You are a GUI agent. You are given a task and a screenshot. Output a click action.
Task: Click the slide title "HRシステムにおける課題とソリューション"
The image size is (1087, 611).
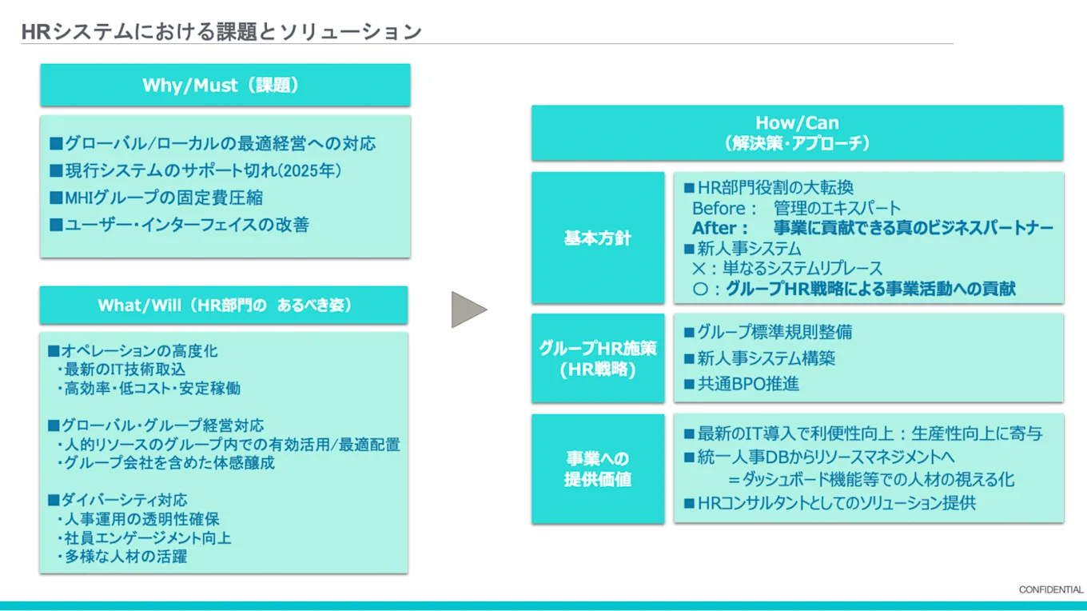221,32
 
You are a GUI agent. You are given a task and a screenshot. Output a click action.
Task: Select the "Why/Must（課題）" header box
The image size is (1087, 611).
225,86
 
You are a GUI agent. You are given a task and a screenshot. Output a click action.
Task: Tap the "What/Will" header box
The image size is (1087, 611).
225,305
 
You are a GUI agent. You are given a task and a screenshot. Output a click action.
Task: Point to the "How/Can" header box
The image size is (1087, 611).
797,133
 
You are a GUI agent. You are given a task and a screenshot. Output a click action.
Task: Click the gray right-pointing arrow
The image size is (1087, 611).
468,309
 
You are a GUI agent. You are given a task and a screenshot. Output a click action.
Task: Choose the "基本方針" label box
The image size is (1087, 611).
597,238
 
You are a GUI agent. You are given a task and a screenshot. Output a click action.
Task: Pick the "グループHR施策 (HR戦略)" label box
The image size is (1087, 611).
597,358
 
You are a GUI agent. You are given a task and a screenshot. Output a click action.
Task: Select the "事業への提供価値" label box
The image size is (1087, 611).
597,469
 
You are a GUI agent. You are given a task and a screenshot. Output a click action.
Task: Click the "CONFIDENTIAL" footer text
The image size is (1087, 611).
1050,589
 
